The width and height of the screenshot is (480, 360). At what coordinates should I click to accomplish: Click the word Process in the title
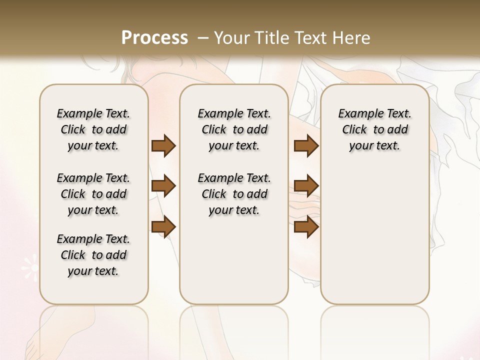[154, 37]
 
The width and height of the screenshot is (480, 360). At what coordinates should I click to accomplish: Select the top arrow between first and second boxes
[163, 145]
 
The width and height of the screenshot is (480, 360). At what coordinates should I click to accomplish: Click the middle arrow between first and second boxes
[163, 186]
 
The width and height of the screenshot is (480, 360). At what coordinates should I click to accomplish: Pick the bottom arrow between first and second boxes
[163, 226]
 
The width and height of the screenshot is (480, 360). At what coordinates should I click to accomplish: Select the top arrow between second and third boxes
[306, 145]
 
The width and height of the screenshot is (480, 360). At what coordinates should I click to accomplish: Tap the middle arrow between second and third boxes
[306, 186]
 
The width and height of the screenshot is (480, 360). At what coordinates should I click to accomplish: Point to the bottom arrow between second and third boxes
[306, 226]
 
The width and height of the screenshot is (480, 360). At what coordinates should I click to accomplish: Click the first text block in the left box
[93, 129]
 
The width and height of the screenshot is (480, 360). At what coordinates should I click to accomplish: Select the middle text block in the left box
[93, 194]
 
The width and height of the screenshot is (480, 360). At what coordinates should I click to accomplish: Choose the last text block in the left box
[93, 255]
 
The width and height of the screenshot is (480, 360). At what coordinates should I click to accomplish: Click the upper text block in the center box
[234, 129]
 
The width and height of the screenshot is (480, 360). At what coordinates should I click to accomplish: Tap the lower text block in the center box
[234, 194]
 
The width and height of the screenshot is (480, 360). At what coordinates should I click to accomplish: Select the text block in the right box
[374, 129]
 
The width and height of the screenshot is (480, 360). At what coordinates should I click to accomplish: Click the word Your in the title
[230, 37]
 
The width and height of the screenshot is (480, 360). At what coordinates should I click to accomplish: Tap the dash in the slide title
[203, 37]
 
